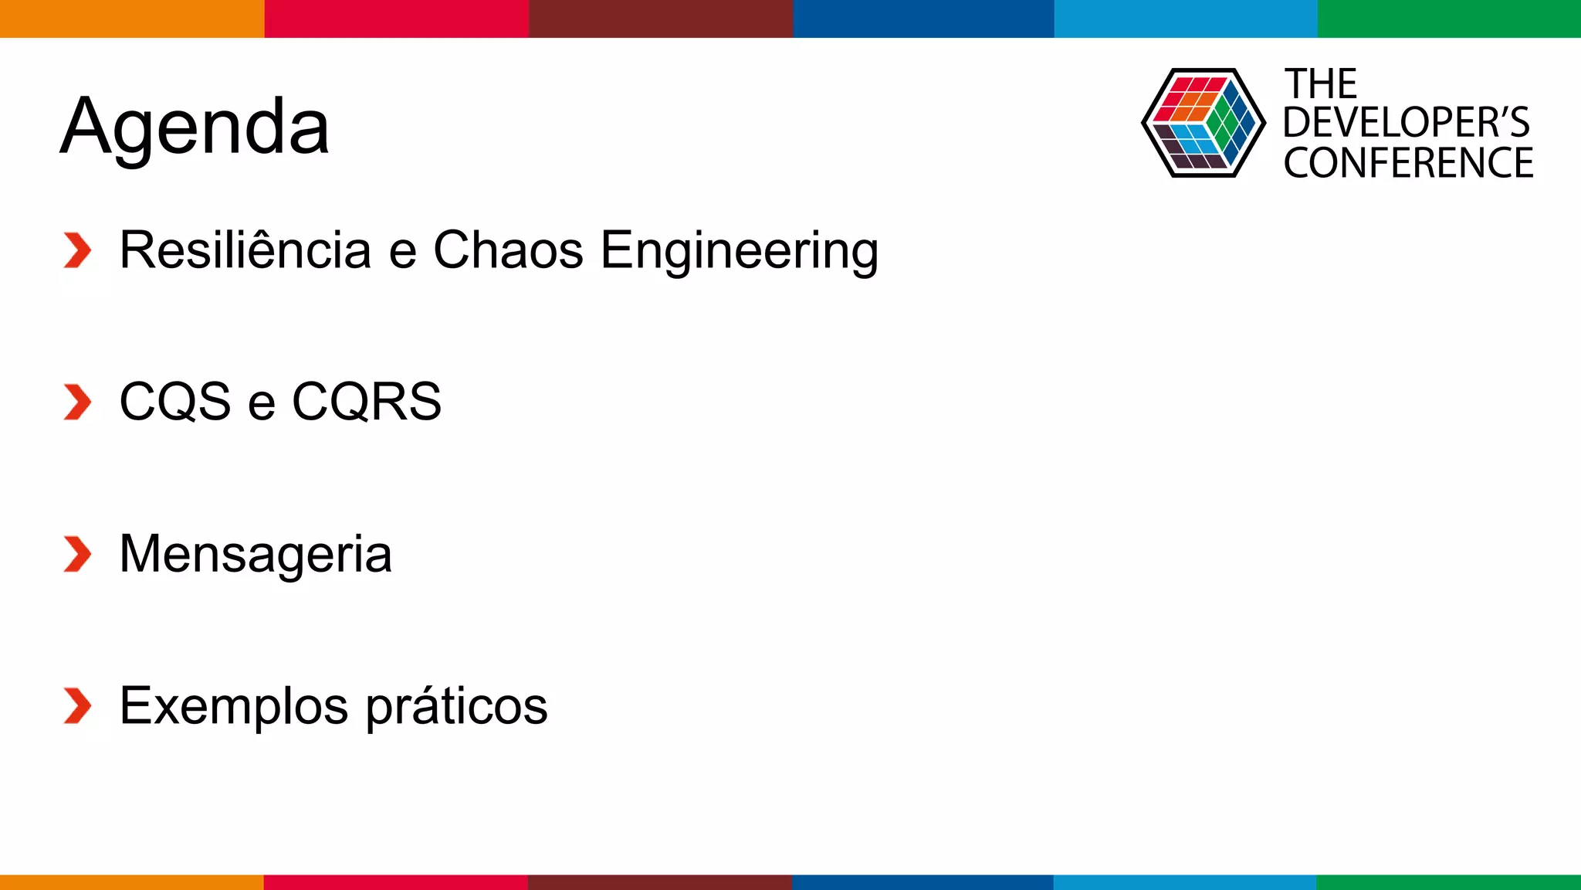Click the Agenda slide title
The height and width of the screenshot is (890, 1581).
click(195, 127)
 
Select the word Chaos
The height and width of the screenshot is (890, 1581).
click(508, 250)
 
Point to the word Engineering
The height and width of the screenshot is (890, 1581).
click(739, 252)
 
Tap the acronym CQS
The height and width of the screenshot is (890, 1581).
click(175, 402)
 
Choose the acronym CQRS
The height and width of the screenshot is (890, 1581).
click(367, 402)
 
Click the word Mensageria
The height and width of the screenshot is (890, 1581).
click(256, 554)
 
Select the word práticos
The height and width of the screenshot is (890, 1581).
click(456, 706)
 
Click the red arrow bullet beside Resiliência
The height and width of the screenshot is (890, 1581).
click(77, 250)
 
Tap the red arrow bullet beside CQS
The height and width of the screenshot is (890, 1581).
click(77, 403)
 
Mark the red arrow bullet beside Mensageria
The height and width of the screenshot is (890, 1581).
click(77, 554)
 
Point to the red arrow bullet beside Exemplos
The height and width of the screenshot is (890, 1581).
click(77, 706)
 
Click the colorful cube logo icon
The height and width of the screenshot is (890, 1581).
click(1203, 123)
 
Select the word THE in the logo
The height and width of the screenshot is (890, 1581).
click(1320, 84)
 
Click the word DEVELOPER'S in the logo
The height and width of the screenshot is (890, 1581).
click(1406, 123)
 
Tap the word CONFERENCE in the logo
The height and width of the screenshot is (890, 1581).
click(1408, 163)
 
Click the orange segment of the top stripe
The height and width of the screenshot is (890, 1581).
click(132, 19)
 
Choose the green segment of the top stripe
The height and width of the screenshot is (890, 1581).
click(1449, 19)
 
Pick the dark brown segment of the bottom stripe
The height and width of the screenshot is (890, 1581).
click(660, 882)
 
